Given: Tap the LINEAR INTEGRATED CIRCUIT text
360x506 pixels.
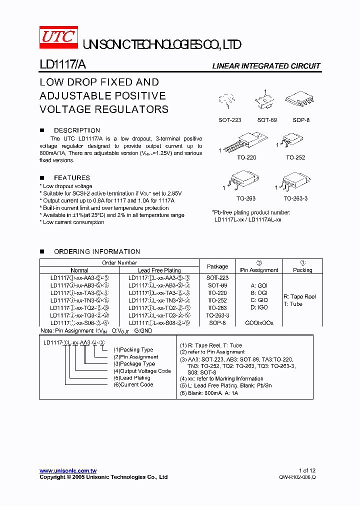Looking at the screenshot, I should coord(266,66).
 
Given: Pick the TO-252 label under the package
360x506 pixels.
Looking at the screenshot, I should coord(295,157).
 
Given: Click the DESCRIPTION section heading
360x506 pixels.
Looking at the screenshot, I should coord(77,130).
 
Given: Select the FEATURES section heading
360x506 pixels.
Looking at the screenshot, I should coord(72,177).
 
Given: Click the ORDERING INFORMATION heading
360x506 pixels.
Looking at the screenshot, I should coord(97,251).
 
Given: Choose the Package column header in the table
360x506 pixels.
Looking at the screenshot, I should coord(217,266).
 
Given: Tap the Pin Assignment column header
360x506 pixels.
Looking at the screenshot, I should coord(259,270).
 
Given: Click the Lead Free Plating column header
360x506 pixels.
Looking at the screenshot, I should coord(159,270).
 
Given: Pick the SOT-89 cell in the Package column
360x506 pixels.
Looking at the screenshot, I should coord(217,285).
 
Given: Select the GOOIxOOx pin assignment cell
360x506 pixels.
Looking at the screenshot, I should coord(259,323).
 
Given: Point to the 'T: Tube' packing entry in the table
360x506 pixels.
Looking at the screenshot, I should coord(293,304).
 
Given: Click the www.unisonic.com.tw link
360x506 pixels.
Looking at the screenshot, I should coord(68,470).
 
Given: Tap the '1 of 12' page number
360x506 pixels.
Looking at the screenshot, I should coord(307,470).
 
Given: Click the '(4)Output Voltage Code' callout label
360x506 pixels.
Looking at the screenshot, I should coord(142,371).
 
